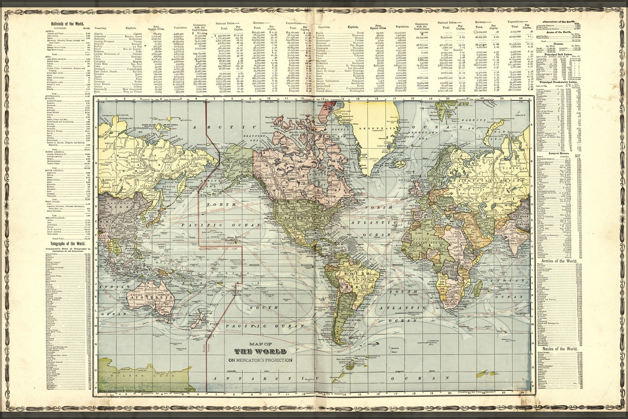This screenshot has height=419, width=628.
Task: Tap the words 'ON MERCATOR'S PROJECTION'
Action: [x=261, y=360]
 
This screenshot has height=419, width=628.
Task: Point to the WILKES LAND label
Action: [x=122, y=376]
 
